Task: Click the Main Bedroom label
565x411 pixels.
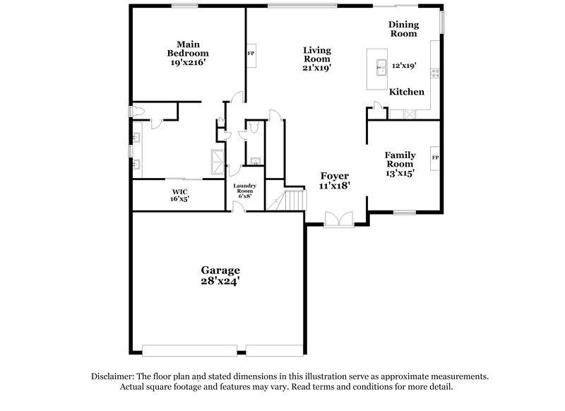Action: point(188,48)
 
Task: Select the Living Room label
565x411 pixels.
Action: point(317,54)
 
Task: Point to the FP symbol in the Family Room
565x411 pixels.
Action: point(436,157)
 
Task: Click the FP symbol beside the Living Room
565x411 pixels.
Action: point(250,54)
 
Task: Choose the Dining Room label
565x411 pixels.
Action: point(403,28)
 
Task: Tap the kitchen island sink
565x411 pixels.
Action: point(379,65)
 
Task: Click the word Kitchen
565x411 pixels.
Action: point(407,92)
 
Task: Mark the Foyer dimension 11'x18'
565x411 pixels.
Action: point(335,185)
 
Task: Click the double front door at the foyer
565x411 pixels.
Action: point(338,220)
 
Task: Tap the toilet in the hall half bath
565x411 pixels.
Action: point(250,126)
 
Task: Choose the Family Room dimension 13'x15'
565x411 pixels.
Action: point(399,172)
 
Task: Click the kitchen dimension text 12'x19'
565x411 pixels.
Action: point(404,65)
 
